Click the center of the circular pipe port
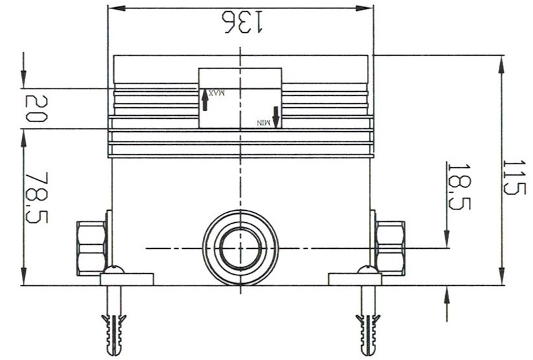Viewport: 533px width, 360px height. (x=240, y=248)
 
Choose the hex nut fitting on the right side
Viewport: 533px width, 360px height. (x=390, y=248)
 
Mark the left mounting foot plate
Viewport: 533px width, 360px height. (x=127, y=279)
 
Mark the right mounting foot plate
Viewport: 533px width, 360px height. (x=355, y=279)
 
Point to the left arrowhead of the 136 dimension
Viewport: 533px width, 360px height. (x=112, y=8)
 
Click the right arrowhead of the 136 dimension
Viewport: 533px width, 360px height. (x=368, y=8)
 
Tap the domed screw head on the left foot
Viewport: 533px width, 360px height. (x=114, y=270)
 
